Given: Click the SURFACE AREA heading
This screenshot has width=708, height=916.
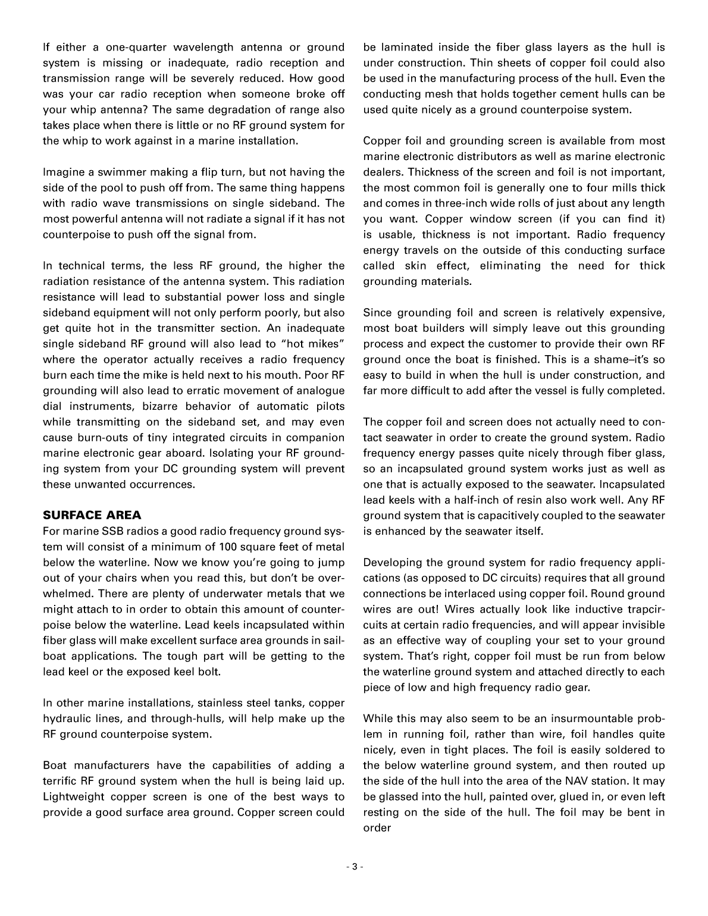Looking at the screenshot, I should [x=92, y=515].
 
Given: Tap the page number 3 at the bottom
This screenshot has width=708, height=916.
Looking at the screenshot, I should [x=354, y=867].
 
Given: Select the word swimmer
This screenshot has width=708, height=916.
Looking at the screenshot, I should [x=117, y=172].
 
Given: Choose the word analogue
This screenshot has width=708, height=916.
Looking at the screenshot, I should [x=320, y=391].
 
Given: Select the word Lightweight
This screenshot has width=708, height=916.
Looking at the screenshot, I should [x=74, y=796].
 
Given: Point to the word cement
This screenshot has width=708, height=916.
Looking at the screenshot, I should [x=562, y=94].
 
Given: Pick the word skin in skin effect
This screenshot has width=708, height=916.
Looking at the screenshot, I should [x=421, y=266].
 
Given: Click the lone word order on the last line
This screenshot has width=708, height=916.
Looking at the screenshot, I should [x=377, y=828].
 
